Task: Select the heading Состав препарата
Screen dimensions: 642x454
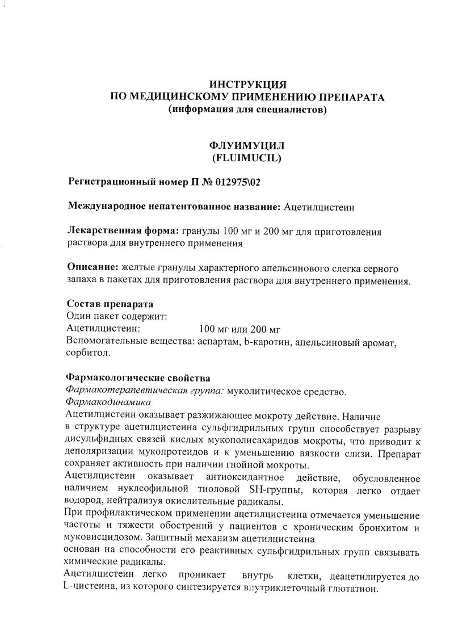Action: [x=110, y=303]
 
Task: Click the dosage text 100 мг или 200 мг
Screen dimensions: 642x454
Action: [x=241, y=329]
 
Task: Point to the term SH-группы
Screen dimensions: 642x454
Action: [x=277, y=490]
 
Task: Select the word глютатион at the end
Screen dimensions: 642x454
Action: [x=355, y=590]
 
